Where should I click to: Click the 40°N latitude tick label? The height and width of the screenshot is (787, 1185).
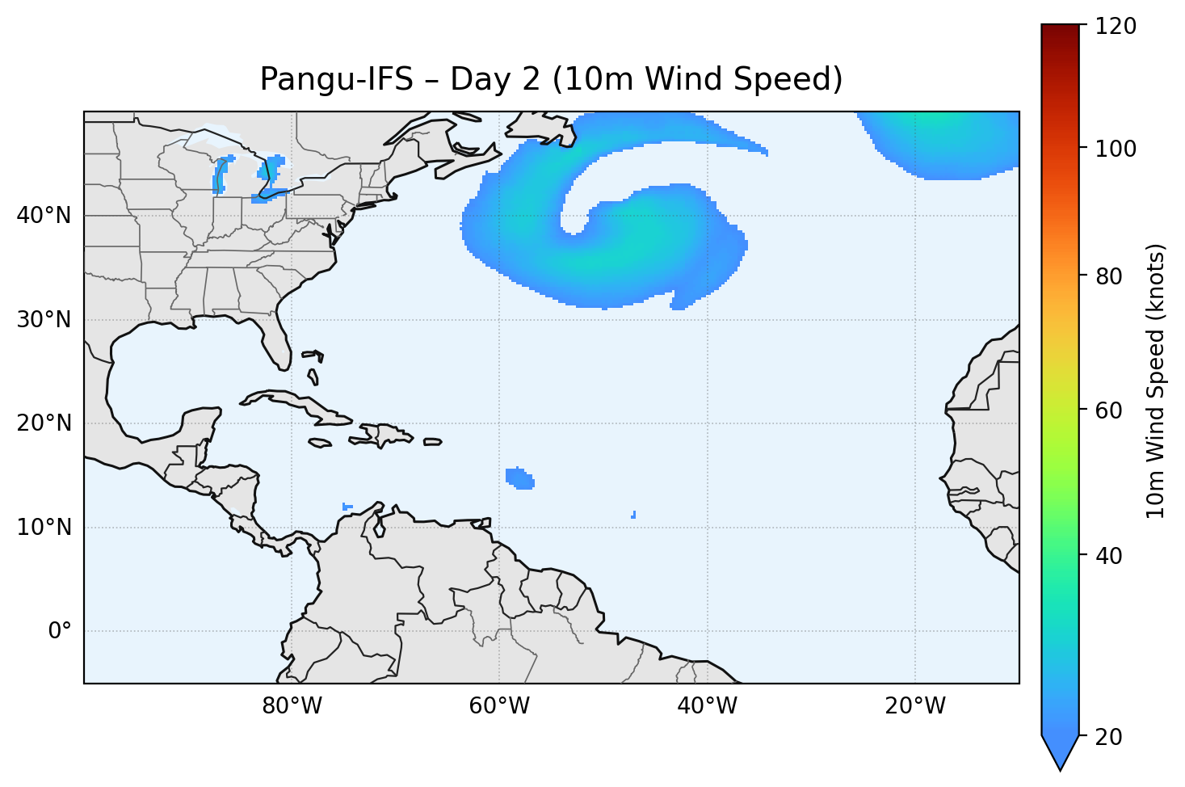44,216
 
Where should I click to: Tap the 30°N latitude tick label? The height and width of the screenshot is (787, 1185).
44,320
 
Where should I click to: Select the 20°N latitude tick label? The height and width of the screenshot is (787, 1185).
44,423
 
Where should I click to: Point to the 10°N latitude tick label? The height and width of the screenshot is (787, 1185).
44,528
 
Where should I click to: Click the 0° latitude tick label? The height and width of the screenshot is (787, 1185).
60,631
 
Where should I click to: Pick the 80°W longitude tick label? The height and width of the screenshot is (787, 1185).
292,706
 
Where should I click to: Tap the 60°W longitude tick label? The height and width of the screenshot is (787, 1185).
500,706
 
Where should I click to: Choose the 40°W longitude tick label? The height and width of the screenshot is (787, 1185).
708,706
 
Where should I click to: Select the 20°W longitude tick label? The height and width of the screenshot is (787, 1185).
915,706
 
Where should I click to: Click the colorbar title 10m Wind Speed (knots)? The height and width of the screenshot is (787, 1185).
1156,381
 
